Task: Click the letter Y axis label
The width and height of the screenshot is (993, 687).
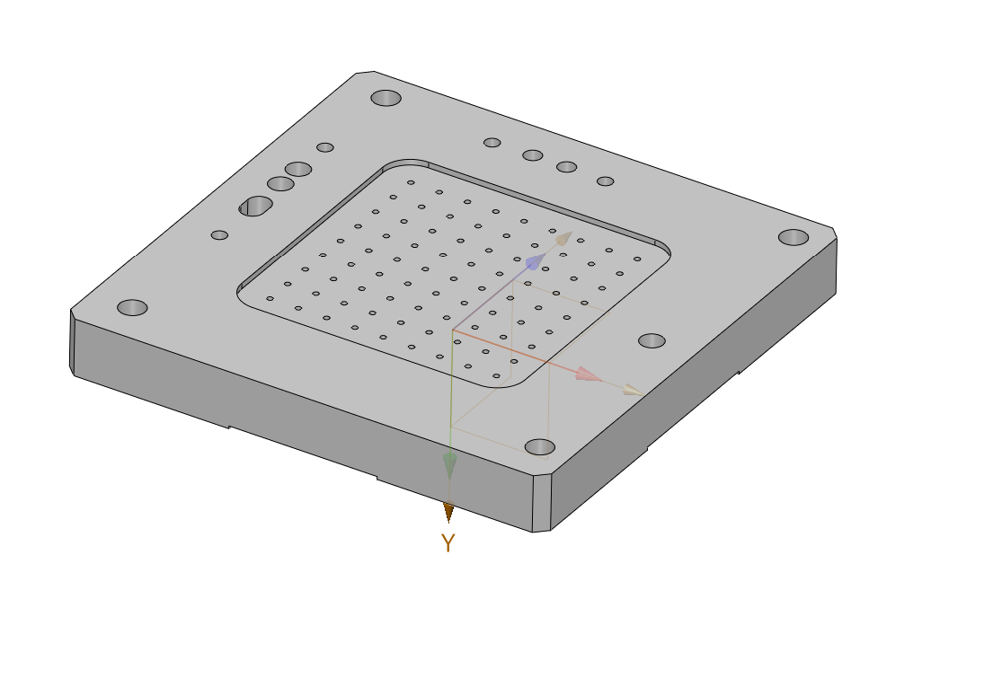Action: [x=448, y=543]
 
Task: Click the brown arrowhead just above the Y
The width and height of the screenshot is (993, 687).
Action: [x=448, y=512]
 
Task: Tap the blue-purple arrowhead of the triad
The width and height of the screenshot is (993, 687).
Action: [x=535, y=262]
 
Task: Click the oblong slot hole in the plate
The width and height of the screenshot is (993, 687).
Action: [x=256, y=207]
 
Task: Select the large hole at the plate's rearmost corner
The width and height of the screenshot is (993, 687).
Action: [x=386, y=98]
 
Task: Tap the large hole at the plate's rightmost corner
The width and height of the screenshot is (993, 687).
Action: [x=794, y=237]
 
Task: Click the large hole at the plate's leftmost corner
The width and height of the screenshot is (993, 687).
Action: [x=132, y=308]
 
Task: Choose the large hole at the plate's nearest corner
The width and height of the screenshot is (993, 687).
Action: [x=539, y=447]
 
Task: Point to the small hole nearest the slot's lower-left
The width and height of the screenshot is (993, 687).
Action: [x=219, y=235]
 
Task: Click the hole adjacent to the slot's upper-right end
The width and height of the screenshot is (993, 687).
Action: [x=280, y=184]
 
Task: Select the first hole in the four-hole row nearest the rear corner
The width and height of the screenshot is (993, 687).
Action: [x=492, y=143]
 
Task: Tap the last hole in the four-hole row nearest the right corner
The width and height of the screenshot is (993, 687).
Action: [x=606, y=181]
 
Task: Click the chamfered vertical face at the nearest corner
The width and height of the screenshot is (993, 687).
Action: [x=541, y=503]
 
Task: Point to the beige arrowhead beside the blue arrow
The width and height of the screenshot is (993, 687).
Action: [x=563, y=239]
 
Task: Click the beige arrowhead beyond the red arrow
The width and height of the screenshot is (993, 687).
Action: [x=634, y=391]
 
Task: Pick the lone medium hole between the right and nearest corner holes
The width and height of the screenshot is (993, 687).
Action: [x=652, y=341]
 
